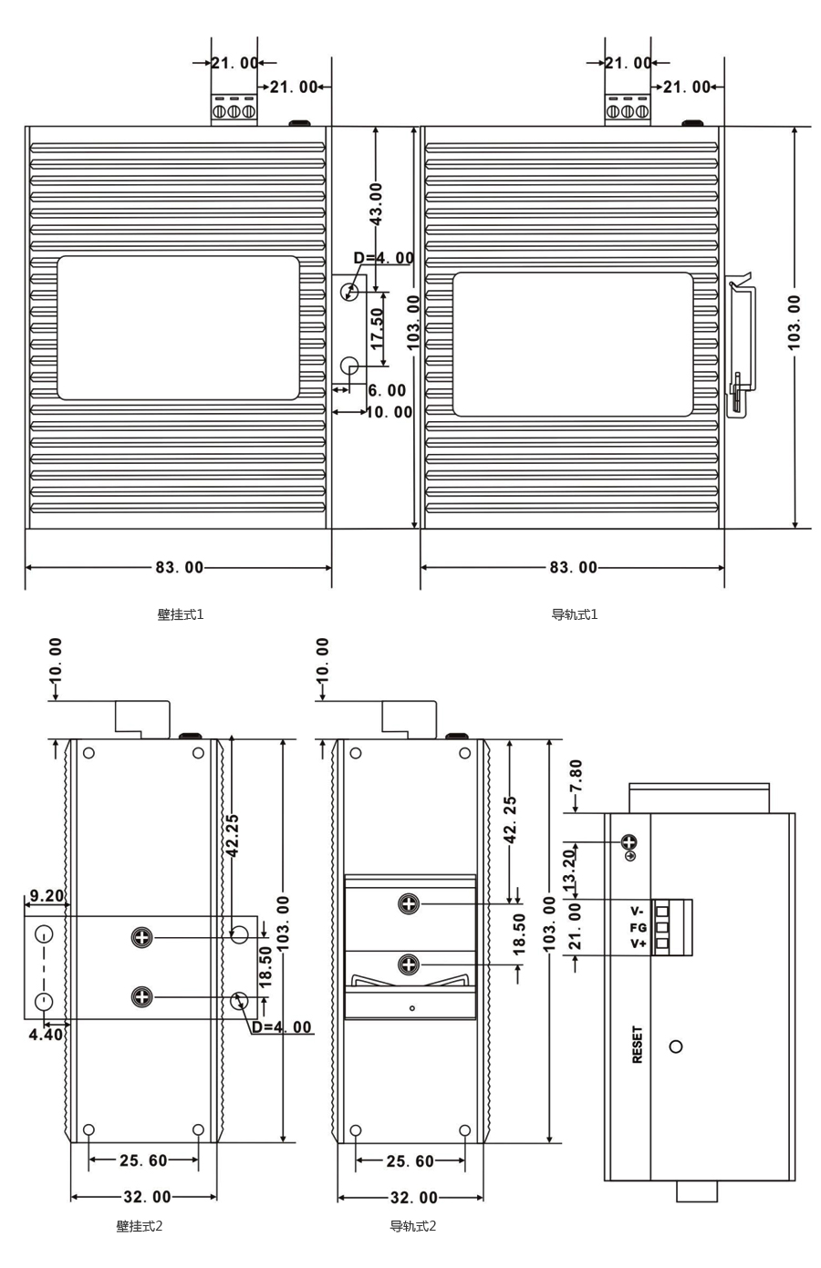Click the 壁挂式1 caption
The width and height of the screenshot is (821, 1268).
181,614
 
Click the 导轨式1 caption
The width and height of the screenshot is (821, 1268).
575,614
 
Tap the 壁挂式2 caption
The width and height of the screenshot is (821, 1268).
140,1226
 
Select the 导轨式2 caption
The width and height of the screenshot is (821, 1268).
413,1226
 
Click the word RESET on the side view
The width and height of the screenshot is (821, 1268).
638,1045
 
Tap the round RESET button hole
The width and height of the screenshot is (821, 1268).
676,1046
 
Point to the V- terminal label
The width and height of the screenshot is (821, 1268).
638,912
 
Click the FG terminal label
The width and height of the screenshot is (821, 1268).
638,927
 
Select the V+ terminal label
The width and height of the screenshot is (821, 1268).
639,943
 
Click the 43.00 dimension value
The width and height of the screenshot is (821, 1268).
376,204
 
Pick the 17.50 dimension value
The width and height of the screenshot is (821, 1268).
376,329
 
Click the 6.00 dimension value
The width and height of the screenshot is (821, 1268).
387,390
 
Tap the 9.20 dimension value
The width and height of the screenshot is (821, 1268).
47,896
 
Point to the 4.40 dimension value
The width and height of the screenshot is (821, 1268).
46,1035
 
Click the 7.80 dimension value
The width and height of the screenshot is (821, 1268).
576,776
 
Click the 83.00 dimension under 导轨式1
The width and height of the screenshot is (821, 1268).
574,567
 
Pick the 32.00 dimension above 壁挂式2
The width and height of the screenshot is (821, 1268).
147,1197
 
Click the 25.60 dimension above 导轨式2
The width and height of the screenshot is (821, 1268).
410,1161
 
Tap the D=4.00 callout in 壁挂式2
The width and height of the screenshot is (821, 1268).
282,1027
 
